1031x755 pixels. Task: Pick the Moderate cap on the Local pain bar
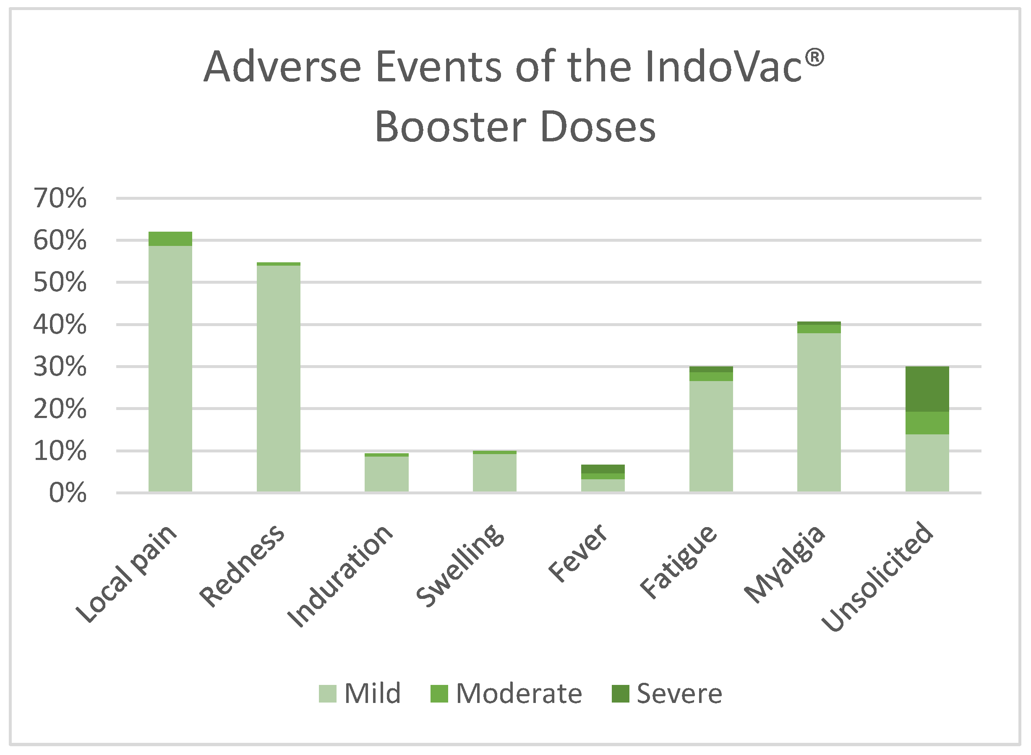pos(170,238)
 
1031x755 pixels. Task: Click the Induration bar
pos(386,473)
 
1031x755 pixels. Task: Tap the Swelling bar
pos(494,472)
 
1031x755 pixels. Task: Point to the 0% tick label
pos(68,493)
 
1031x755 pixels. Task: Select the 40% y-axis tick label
pos(60,325)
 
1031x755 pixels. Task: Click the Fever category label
pos(578,554)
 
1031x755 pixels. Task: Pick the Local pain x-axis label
pos(126,574)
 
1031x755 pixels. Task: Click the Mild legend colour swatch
pos(327,694)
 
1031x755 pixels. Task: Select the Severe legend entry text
pos(679,694)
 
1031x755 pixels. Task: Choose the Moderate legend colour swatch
pos(439,694)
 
